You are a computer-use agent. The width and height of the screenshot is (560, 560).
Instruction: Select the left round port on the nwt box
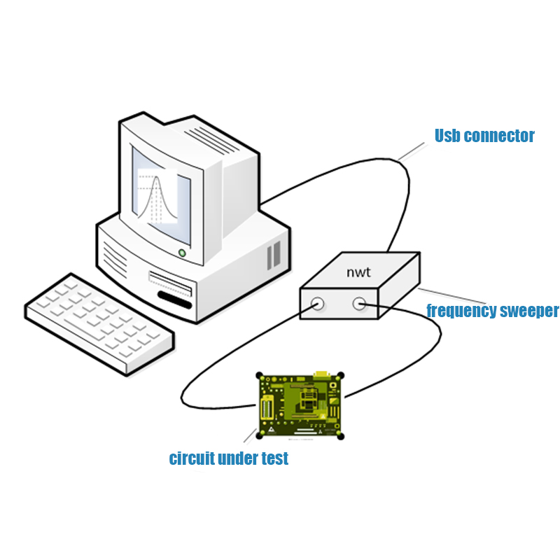317,303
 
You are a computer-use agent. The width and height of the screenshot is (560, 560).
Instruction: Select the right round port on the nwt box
360,303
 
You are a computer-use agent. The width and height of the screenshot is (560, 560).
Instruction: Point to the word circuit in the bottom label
192,459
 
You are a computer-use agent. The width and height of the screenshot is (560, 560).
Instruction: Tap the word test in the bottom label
274,459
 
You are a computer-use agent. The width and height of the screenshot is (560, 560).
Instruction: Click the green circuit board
300,406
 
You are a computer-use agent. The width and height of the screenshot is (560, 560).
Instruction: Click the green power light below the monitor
182,253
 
